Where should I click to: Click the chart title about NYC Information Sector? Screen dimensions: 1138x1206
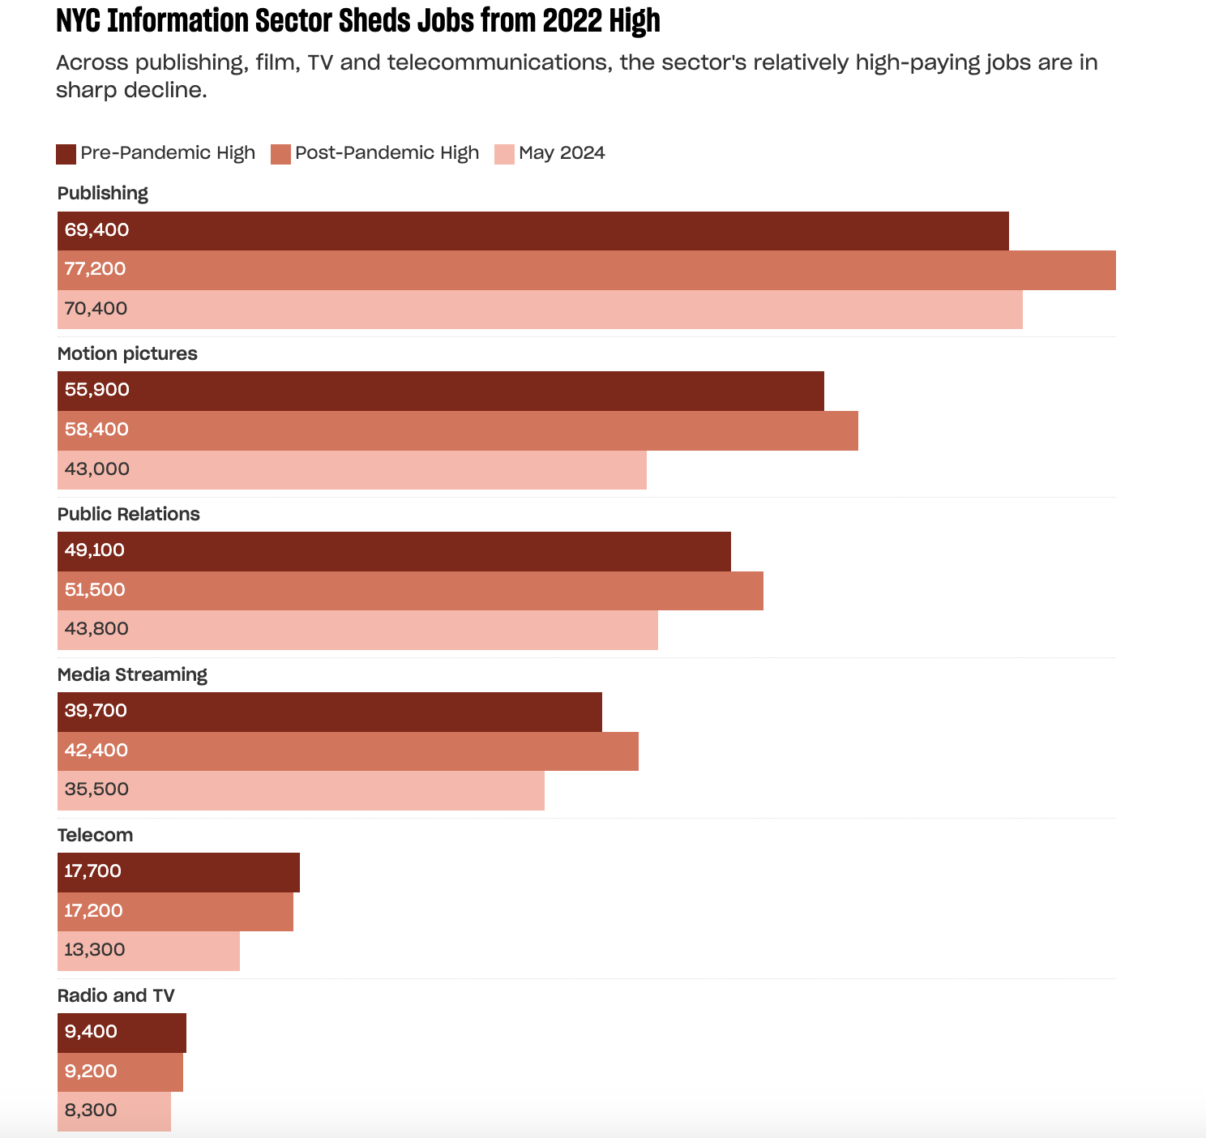pos(357,21)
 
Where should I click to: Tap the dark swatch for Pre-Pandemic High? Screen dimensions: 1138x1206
pos(66,154)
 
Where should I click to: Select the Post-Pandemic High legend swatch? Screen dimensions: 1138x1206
pos(280,154)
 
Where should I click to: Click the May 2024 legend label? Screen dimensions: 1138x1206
pos(562,153)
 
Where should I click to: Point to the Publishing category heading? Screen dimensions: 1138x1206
pos(103,194)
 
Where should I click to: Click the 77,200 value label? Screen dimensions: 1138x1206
pos(96,269)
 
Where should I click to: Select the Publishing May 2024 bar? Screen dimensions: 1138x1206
pos(540,309)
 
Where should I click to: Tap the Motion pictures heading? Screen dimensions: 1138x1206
pos(127,354)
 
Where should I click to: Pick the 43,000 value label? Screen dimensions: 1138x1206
pos(97,469)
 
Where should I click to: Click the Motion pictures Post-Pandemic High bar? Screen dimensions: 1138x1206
pos(458,430)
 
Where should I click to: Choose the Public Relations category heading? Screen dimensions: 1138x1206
pos(129,515)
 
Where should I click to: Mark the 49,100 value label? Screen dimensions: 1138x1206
pos(95,550)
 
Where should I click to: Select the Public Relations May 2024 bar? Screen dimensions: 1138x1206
pos(357,630)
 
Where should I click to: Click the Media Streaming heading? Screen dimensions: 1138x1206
pos(132,675)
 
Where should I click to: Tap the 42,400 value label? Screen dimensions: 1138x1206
pos(96,751)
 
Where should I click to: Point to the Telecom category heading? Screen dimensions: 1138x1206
pos(95,836)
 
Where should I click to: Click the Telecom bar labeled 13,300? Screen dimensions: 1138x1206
pos(148,950)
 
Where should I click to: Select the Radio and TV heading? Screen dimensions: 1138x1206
pos(116,996)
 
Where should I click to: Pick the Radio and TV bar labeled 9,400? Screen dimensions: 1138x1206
pos(122,1032)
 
